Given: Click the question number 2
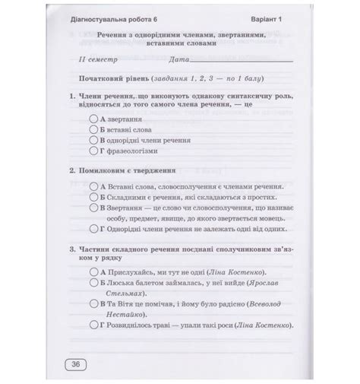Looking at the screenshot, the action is (x=71, y=171).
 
